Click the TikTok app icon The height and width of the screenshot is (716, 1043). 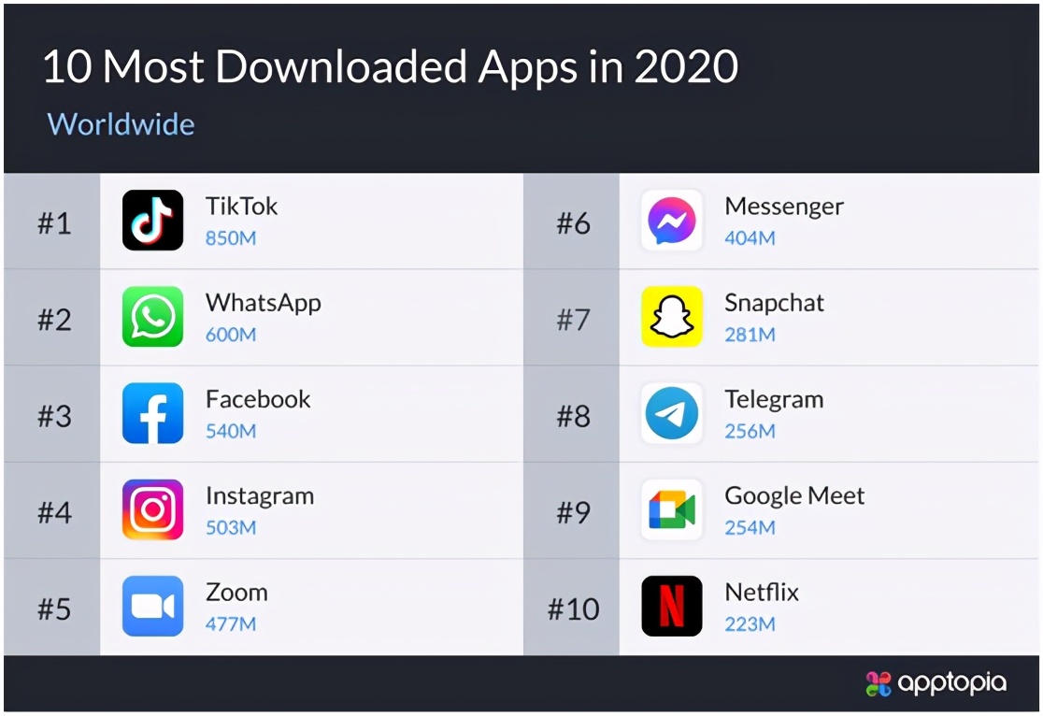152,221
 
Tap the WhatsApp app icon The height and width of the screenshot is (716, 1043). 152,317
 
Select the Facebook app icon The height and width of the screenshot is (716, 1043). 152,413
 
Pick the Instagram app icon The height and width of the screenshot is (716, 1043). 152,509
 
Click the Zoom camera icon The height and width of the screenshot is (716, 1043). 152,607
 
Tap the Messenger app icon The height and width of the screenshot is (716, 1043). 671,221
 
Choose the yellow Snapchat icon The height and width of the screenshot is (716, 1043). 671,317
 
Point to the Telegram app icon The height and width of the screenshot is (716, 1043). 671,413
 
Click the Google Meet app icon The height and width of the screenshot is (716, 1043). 671,509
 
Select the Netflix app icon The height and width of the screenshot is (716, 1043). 671,607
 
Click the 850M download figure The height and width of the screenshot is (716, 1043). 231,238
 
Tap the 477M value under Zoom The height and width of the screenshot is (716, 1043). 231,623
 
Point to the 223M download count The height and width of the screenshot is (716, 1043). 750,623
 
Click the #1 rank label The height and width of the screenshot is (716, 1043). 54,224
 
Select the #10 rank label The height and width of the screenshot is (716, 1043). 572,609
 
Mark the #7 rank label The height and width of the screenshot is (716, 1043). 573,321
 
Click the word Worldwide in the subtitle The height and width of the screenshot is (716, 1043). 121,124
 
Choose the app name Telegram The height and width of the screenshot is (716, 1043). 774,400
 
